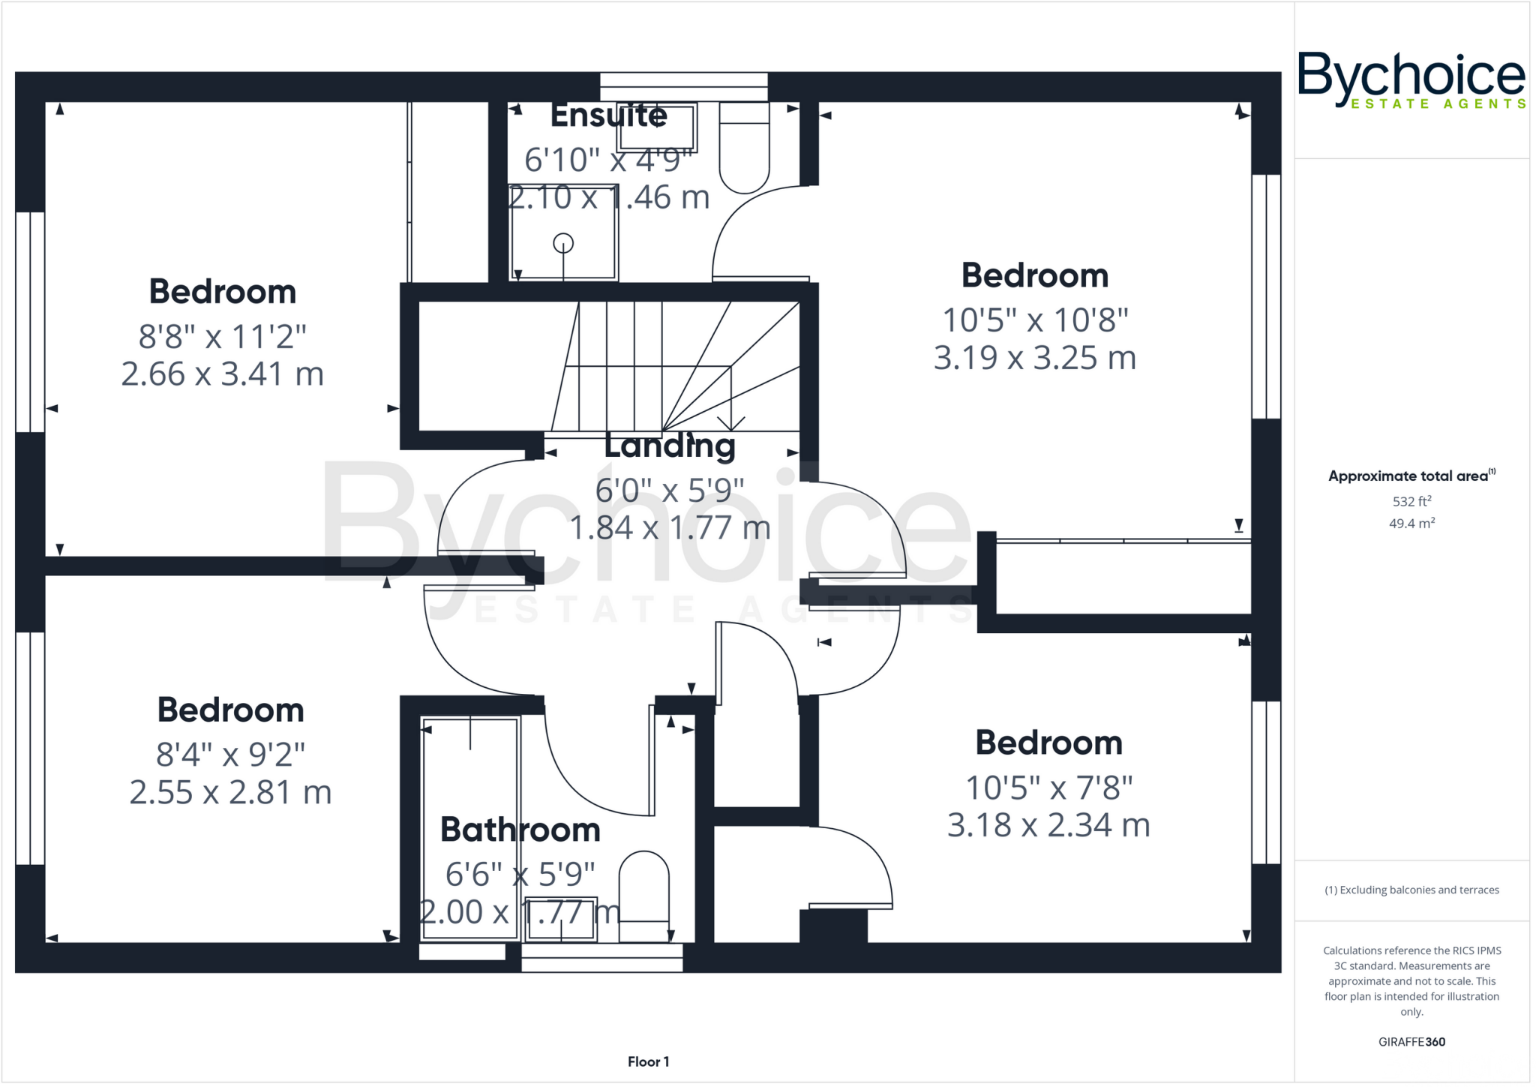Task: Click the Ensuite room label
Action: click(608, 116)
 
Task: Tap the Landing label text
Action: click(670, 446)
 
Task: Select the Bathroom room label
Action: click(520, 830)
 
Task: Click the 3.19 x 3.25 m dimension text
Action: click(1034, 358)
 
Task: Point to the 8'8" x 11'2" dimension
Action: click(222, 337)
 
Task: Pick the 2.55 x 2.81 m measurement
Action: click(230, 792)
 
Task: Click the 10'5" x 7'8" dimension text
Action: click(1048, 788)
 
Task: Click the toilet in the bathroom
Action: click(643, 896)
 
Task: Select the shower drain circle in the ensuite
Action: click(563, 243)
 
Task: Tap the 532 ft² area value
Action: click(1411, 501)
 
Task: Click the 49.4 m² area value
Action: click(1411, 524)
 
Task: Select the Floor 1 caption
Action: click(648, 1061)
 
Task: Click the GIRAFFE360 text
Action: click(1411, 1041)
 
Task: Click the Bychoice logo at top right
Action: click(1411, 79)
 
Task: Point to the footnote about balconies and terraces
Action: click(1411, 890)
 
